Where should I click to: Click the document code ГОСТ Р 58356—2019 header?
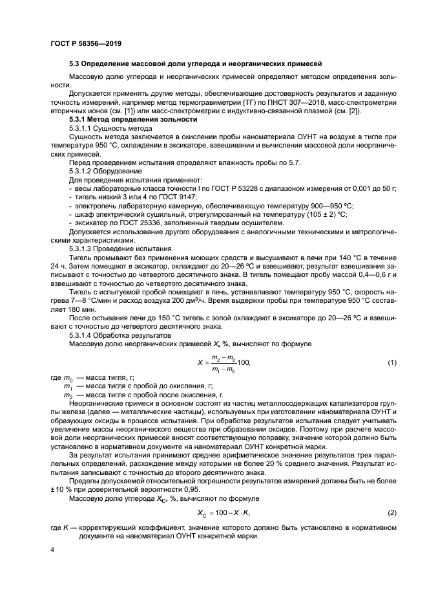click(x=86, y=43)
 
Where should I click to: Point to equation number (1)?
click(x=391, y=362)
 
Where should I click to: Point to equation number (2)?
click(x=391, y=512)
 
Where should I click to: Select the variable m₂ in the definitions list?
click(x=67, y=394)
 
